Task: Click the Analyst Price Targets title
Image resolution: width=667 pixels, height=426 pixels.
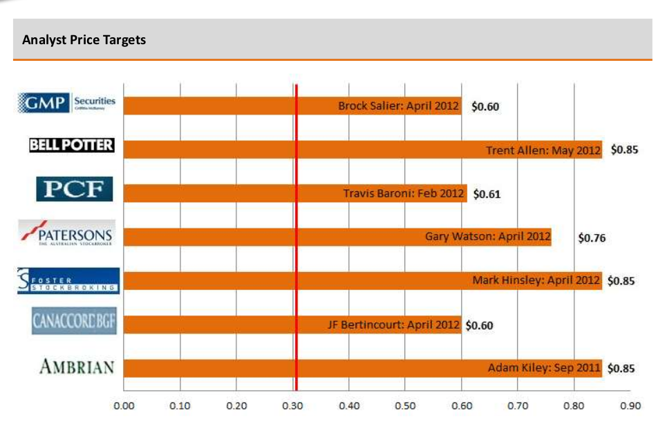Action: [84, 40]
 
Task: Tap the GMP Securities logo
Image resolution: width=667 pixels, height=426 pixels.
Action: [66, 104]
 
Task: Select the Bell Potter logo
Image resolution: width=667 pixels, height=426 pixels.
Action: [71, 146]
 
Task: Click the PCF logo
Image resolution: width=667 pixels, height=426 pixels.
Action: [74, 188]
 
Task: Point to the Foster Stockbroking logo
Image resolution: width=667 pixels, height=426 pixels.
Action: [68, 280]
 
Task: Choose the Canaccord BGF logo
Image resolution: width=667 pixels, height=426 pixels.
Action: [73, 322]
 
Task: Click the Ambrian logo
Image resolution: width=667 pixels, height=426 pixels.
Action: [77, 367]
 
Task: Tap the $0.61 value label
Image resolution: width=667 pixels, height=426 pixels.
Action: [487, 195]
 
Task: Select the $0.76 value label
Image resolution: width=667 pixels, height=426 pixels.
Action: [592, 238]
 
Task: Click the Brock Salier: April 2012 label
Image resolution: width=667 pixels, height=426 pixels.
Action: [398, 106]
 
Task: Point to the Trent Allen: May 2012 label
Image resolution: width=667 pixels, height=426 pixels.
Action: [543, 151]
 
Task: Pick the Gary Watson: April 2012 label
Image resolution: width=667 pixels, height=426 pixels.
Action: [487, 237]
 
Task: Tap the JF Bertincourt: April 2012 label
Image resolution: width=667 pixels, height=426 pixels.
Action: [393, 325]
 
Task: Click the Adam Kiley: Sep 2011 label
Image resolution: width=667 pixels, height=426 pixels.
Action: [544, 368]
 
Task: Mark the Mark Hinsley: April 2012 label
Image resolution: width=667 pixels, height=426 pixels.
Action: [537, 281]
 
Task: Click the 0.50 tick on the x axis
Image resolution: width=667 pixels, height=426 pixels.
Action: [405, 406]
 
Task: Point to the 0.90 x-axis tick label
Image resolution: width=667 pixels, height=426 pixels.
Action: [630, 406]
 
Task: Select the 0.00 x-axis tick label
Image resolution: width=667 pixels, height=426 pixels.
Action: [124, 406]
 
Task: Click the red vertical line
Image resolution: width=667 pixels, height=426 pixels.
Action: [296, 242]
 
